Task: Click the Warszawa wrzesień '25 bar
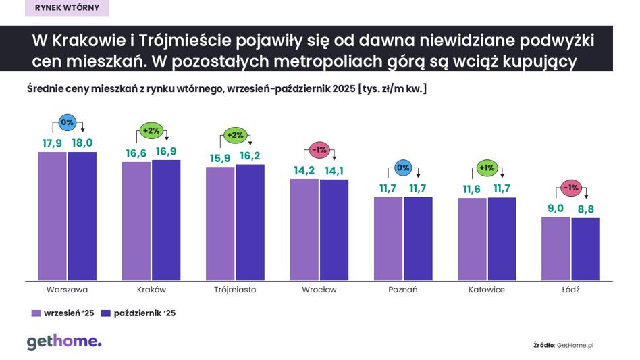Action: click(52, 216)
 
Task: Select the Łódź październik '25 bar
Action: click(585, 249)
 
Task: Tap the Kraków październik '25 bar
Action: click(166, 220)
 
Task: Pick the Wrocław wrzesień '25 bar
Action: click(304, 230)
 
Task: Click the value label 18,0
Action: click(82, 143)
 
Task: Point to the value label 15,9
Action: click(219, 157)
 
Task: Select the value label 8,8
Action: click(585, 209)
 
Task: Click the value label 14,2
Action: click(304, 170)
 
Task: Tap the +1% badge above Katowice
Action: click(486, 168)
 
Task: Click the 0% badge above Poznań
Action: click(403, 168)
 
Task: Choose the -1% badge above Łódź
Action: click(570, 188)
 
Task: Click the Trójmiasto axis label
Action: click(235, 290)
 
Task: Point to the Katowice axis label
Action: click(486, 290)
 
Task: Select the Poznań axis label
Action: click(403, 290)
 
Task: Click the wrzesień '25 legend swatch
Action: click(36, 313)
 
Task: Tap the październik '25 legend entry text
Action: click(144, 313)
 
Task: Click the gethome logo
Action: click(64, 342)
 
